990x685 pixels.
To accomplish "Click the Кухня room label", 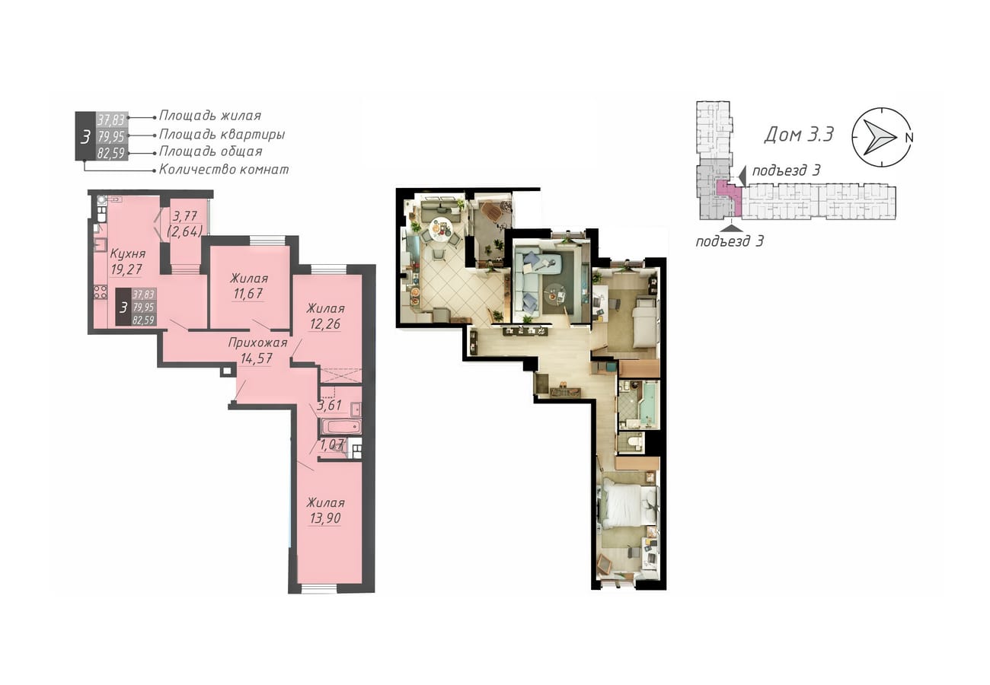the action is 128,254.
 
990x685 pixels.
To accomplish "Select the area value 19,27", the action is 126,269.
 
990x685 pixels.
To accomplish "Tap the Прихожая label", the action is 257,342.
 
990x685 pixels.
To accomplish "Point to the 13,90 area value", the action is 325,518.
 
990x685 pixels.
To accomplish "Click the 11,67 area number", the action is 248,293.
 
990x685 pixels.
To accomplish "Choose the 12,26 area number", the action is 325,323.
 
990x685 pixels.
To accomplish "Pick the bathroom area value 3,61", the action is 329,405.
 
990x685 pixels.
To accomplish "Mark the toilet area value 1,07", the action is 331,444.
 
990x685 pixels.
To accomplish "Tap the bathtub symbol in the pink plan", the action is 340,427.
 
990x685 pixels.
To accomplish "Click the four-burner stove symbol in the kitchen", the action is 101,292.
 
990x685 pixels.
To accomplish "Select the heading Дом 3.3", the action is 799,134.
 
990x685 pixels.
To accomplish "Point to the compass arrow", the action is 879,137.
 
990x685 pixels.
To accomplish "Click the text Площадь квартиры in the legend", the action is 222,134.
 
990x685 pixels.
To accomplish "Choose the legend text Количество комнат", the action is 224,170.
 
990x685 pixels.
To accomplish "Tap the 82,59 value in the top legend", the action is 111,153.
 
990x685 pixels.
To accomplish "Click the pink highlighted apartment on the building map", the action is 726,196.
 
